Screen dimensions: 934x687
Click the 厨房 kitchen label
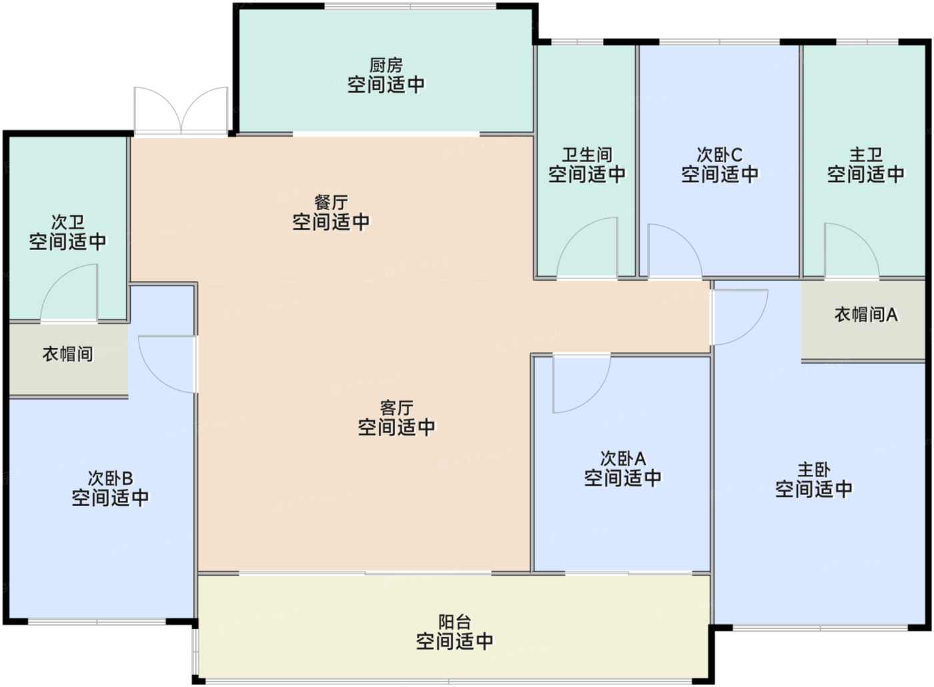[x=386, y=65]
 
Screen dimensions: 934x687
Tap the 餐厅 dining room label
[x=331, y=203]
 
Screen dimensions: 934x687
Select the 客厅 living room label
[x=396, y=408]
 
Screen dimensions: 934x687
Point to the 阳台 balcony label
[x=454, y=622]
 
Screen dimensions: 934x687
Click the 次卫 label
[x=67, y=222]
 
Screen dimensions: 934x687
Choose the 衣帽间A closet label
[x=866, y=315]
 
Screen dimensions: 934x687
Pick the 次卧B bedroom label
[x=110, y=479]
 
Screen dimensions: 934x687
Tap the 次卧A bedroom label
[x=623, y=459]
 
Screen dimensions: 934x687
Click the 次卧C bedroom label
[x=720, y=155]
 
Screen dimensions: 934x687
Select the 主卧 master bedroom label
[x=813, y=470]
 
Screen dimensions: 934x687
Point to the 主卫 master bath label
[x=866, y=155]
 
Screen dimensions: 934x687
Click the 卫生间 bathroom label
[x=587, y=155]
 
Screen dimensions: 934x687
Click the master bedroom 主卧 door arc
[x=751, y=329]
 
